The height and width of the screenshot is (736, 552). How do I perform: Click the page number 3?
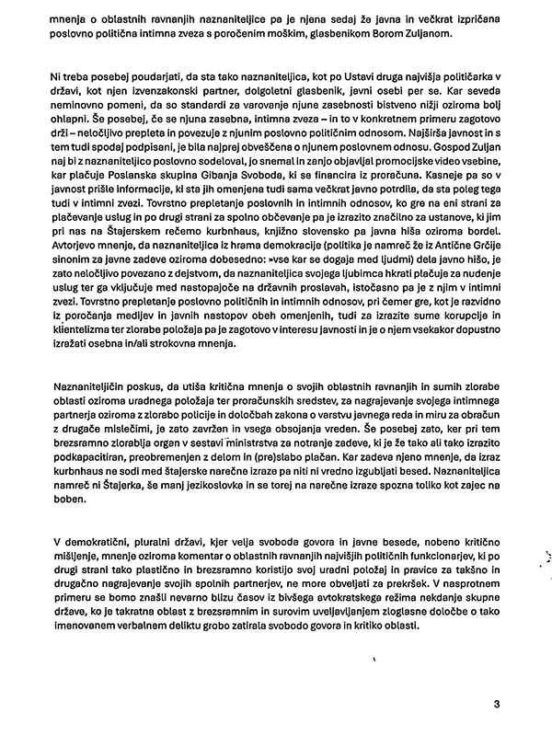(x=496, y=705)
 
